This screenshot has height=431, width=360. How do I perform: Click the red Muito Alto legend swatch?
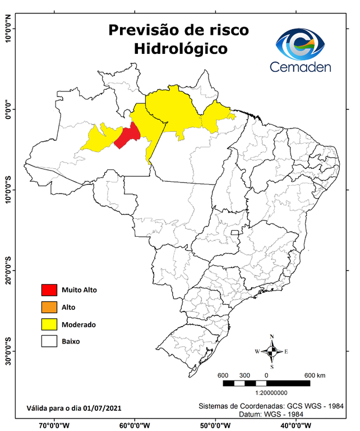coord(49,290)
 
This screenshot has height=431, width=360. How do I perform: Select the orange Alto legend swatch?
coord(49,307)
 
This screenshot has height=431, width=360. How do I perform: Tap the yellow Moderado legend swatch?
coord(49,324)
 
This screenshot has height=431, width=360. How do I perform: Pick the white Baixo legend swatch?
coord(49,341)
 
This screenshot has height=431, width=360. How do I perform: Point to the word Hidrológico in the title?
coord(181,49)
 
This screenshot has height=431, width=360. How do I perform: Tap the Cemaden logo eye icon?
coord(300,43)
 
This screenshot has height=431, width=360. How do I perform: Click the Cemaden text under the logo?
coord(301,67)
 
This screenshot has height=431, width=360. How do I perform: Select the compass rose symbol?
coord(271,352)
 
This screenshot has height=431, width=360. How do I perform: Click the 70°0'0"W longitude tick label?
coord(54,425)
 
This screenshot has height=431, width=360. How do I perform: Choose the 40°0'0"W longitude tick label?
coord(293,425)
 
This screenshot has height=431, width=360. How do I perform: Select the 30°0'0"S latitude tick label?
coord(8,351)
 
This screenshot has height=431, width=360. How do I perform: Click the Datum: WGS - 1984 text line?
coord(264,414)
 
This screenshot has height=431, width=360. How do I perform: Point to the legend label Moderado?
coord(79,324)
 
